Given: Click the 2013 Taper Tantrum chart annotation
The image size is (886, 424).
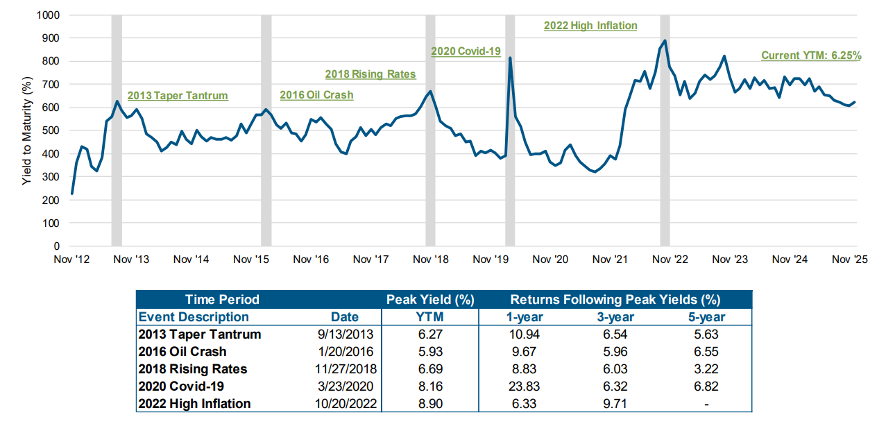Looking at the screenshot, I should (x=177, y=96).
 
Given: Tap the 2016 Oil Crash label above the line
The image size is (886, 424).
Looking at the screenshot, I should (x=316, y=95).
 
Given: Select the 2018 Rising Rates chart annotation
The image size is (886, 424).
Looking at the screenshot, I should (x=370, y=74).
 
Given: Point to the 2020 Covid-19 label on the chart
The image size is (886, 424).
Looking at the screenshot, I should (x=466, y=51).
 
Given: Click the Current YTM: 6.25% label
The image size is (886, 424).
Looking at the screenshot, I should (x=811, y=56).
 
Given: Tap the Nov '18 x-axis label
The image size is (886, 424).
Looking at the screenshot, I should (x=432, y=260).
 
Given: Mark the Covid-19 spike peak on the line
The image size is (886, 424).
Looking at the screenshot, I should (x=510, y=58).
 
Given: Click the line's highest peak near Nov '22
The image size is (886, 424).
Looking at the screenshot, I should (x=665, y=40).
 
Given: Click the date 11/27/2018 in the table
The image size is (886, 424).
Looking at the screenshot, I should (x=345, y=369).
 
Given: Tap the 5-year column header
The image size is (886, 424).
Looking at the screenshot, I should (x=706, y=317).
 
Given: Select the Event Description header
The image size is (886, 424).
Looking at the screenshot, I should (x=194, y=317).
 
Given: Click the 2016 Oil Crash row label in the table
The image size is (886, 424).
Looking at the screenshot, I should (x=182, y=352).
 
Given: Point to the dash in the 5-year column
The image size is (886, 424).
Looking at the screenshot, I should (x=706, y=404).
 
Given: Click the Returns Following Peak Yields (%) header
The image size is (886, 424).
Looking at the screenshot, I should (x=615, y=300).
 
